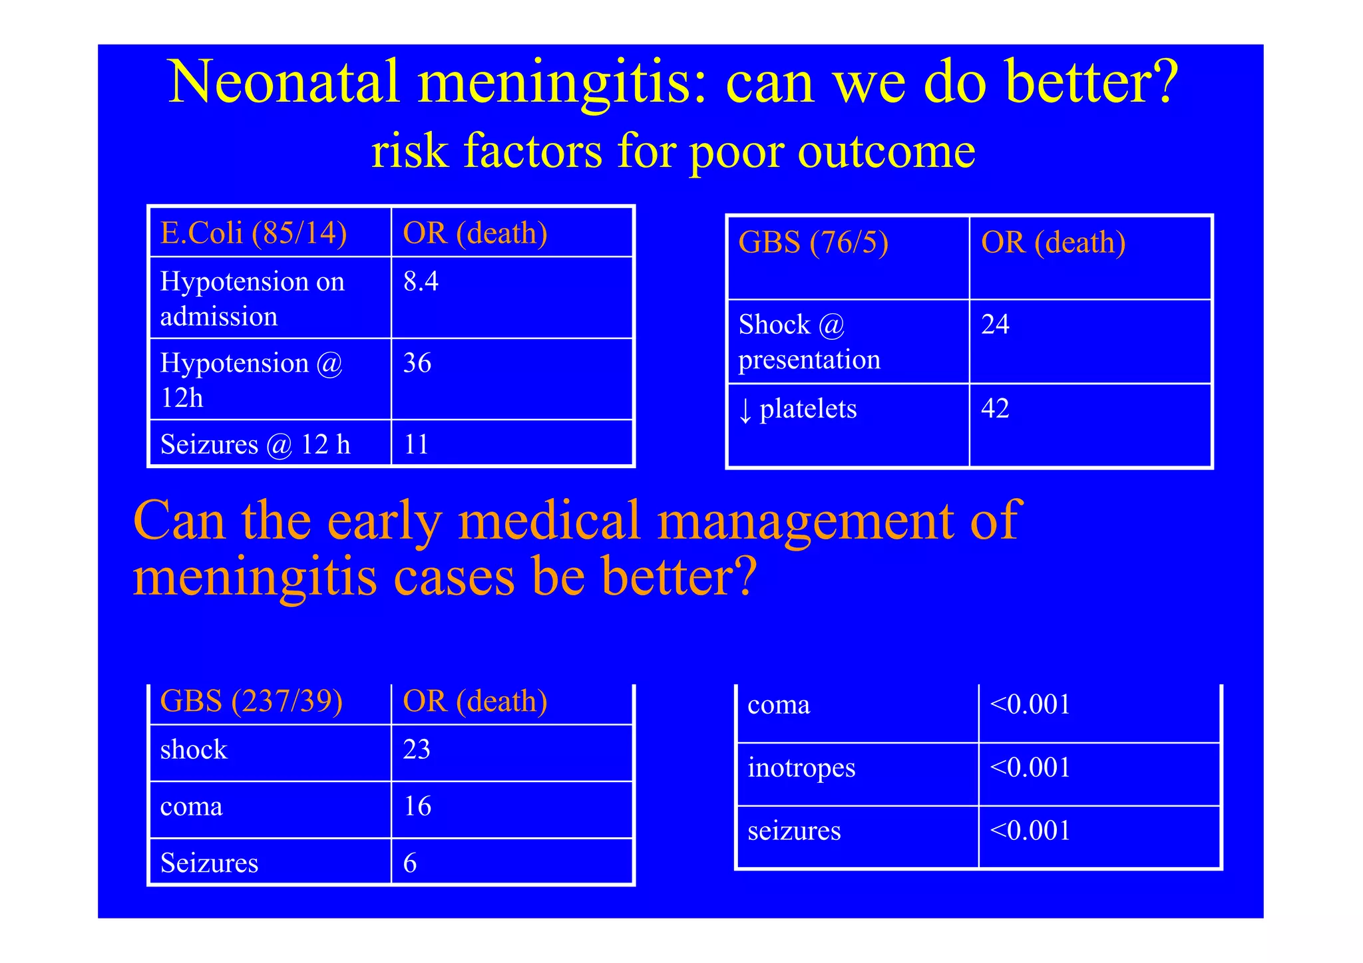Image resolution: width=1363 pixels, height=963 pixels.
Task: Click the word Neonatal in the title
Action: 284,82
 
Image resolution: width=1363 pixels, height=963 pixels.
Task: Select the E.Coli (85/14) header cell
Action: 254,233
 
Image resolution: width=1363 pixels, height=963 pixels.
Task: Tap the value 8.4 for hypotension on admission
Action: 421,281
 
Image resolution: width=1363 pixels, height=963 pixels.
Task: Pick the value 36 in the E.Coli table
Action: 417,363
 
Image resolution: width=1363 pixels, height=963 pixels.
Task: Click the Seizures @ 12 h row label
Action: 255,444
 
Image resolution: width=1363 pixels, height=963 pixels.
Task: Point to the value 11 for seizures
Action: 416,444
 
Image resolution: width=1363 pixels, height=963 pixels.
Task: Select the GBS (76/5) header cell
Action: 813,243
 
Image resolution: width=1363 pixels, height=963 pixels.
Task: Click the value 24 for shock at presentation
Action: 995,325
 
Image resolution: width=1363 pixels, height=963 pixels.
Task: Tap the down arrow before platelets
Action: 745,410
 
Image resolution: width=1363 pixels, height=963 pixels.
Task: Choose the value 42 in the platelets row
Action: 995,408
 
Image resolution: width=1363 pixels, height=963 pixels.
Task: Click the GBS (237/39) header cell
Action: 252,702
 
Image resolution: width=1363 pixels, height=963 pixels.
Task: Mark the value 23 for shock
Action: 417,750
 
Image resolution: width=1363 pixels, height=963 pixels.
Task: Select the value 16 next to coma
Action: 417,806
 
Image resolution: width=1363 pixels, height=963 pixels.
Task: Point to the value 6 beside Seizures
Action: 410,863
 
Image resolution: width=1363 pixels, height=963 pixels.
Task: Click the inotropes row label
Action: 801,767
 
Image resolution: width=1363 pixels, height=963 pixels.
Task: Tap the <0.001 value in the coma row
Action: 1030,704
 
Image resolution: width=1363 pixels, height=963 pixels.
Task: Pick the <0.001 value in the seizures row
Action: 1030,831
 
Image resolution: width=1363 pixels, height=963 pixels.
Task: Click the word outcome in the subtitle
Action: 886,151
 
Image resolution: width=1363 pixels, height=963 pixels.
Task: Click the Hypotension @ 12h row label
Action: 251,380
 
